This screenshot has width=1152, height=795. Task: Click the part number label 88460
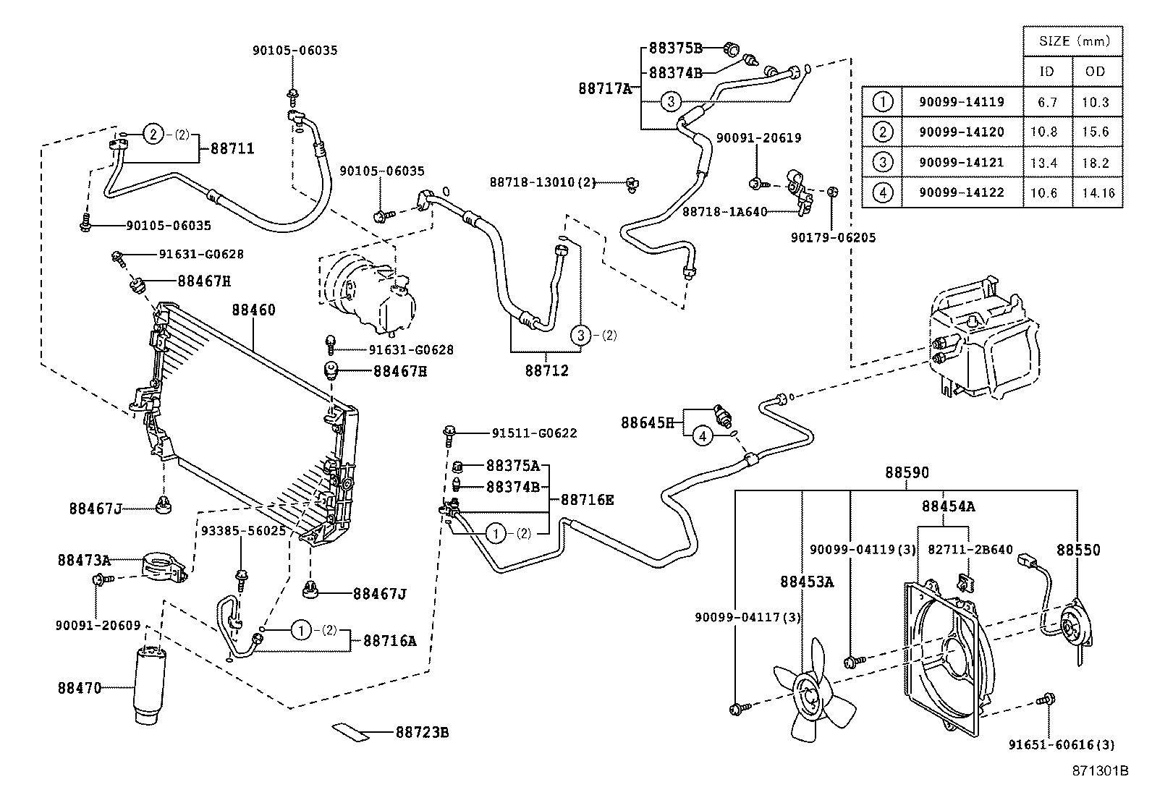point(253,310)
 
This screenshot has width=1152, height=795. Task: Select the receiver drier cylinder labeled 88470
point(150,684)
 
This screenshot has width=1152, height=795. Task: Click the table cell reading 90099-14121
point(962,163)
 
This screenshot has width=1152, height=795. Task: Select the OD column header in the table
point(1096,72)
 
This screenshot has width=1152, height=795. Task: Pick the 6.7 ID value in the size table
point(1047,102)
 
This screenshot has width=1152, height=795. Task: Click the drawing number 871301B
point(1100,770)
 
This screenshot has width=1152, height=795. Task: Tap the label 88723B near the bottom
point(422,733)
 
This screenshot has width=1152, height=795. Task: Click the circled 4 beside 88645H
point(702,435)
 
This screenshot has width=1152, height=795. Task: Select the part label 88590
point(907,472)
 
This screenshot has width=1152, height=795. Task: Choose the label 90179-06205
point(833,237)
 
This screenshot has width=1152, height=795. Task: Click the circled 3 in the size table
point(883,163)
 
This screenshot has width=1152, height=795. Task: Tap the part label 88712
point(546,370)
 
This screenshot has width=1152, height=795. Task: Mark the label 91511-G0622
point(534,433)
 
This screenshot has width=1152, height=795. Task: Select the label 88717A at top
point(605,89)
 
